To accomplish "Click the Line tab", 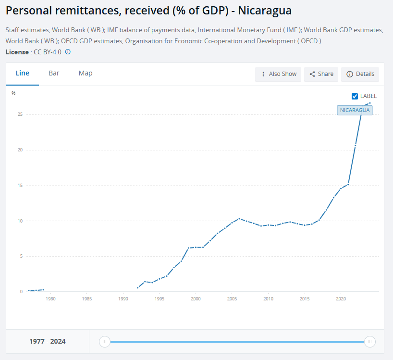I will click(x=23, y=73).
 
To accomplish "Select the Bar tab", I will click(x=54, y=73).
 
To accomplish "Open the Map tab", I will click(x=86, y=73).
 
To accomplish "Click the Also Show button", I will click(x=278, y=74).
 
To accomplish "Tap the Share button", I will click(x=321, y=74).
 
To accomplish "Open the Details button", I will click(x=360, y=74).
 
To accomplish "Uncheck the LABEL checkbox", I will click(x=355, y=96).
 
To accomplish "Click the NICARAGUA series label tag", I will click(x=355, y=110).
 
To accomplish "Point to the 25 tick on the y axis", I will click(x=20, y=114).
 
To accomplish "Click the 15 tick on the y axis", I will click(x=20, y=186).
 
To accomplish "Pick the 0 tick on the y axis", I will click(x=21, y=292).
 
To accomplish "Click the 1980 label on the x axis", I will click(x=50, y=298).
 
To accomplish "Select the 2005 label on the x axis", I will click(x=232, y=298).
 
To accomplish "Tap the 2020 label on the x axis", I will click(x=340, y=298).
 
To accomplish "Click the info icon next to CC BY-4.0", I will click(x=68, y=52).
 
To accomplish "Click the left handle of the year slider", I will click(x=104, y=342).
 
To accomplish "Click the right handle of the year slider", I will click(x=369, y=342).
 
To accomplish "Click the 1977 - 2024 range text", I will click(x=48, y=342).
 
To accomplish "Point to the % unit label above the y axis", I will click(x=13, y=93).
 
